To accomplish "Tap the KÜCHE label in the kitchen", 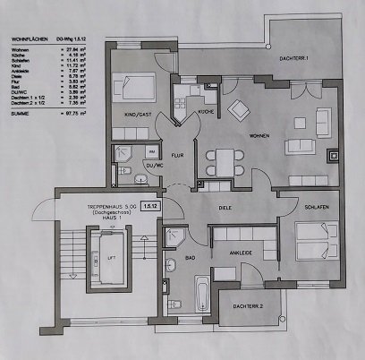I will [x=205, y=111].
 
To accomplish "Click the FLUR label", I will [x=178, y=153].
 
